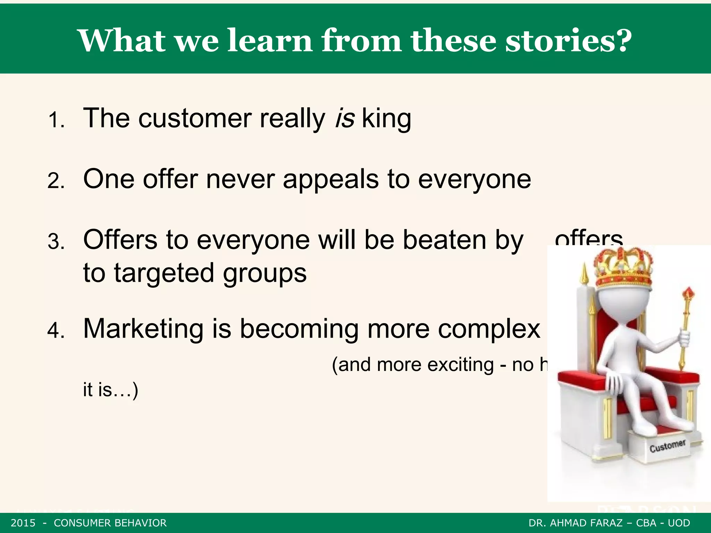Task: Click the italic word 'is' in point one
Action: [x=345, y=118]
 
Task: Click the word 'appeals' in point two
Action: [x=331, y=180]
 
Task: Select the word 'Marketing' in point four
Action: [x=143, y=329]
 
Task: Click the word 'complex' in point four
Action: [x=489, y=329]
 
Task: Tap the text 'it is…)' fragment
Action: [x=110, y=390]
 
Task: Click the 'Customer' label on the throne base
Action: [x=667, y=446]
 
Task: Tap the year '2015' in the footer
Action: [x=23, y=523]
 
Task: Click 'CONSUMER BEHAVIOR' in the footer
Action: [x=110, y=523]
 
